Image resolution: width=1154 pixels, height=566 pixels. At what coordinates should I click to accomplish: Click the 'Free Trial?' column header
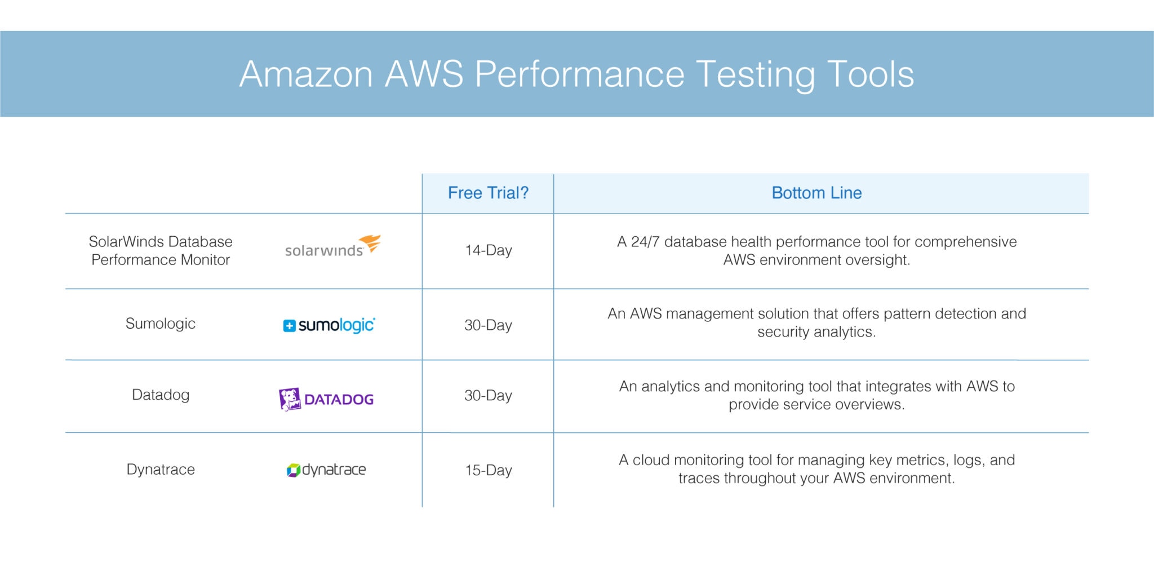(x=488, y=193)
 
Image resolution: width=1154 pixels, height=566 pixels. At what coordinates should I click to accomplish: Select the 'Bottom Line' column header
(x=816, y=193)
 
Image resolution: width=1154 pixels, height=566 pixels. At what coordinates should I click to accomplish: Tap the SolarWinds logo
(x=332, y=247)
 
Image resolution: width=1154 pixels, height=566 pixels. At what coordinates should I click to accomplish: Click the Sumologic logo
(x=329, y=325)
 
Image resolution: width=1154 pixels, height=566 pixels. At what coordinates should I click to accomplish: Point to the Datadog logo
(x=326, y=399)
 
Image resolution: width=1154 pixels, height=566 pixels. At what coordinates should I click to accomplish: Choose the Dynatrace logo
(x=326, y=470)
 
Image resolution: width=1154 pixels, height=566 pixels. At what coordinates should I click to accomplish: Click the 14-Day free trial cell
(x=488, y=250)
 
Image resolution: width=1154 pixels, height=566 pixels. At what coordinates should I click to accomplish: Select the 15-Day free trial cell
(x=488, y=470)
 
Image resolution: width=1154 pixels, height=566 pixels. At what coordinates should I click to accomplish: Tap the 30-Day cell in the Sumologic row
(x=488, y=325)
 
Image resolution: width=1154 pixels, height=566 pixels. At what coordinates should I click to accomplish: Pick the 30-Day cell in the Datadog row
(x=488, y=395)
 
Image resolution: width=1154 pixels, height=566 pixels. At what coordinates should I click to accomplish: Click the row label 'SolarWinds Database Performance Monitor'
(x=161, y=250)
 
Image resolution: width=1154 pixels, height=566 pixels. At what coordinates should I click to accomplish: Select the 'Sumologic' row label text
(x=161, y=324)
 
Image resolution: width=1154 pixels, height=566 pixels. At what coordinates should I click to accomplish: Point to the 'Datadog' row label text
(x=161, y=395)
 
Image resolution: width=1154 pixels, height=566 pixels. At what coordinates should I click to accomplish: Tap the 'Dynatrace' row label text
(x=161, y=469)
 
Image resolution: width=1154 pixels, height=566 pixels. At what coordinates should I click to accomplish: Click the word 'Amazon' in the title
(x=306, y=74)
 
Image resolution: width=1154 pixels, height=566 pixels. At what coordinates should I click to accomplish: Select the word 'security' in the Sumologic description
(x=783, y=332)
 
